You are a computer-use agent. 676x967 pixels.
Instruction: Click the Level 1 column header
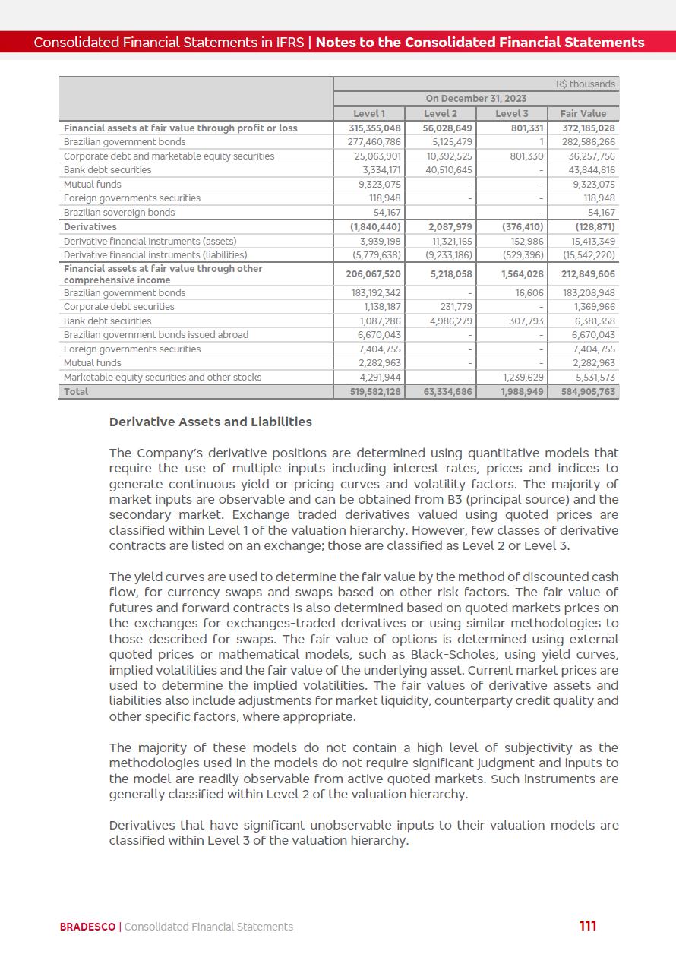(x=369, y=114)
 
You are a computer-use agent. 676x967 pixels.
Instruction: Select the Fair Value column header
(x=583, y=114)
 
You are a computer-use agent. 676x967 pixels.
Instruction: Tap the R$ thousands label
(x=586, y=84)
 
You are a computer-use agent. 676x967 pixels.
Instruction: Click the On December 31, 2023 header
(x=475, y=99)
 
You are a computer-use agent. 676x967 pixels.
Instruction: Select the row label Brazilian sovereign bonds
(x=119, y=213)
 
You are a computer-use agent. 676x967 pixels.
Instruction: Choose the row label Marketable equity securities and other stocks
(x=163, y=378)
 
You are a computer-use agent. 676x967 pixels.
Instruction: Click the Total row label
(x=76, y=392)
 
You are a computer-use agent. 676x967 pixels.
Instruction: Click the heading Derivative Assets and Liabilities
(x=210, y=422)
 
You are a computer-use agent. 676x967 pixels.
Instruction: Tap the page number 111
(x=587, y=926)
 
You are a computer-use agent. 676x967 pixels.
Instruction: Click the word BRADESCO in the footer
(x=88, y=927)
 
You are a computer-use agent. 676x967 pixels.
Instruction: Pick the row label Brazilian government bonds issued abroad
(x=156, y=335)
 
